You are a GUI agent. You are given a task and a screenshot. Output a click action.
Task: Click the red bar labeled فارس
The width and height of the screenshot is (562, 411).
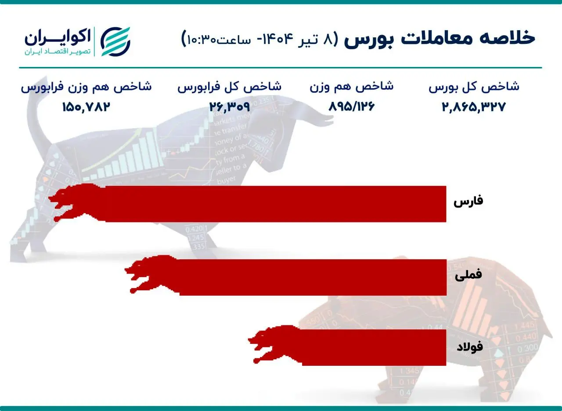pyautogui.click(x=272, y=204)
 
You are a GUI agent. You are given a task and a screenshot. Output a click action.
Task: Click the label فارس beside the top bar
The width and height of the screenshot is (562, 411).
pyautogui.click(x=468, y=201)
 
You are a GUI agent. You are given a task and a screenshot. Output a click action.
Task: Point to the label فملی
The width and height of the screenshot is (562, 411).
pyautogui.click(x=468, y=275)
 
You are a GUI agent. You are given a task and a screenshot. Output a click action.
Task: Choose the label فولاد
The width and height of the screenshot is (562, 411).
pyautogui.click(x=469, y=347)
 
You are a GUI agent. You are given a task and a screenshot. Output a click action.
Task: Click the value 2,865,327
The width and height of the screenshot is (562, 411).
pyautogui.click(x=474, y=107)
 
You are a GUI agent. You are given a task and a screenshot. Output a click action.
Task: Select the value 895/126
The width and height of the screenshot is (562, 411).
pyautogui.click(x=351, y=107)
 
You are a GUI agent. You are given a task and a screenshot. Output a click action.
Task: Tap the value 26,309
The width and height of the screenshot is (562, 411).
pyautogui.click(x=229, y=107)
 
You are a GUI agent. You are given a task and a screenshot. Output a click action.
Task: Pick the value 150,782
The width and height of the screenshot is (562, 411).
pyautogui.click(x=86, y=107)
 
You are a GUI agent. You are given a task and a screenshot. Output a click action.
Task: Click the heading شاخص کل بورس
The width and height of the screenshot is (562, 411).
pyautogui.click(x=474, y=86)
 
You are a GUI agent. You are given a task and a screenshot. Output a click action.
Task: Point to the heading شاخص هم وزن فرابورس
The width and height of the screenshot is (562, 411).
pyautogui.click(x=86, y=86)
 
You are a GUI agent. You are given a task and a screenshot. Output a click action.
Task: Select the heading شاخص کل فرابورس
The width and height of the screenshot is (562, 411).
pyautogui.click(x=229, y=86)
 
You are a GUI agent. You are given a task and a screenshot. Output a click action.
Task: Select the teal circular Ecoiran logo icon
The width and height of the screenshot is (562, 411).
pyautogui.click(x=115, y=42)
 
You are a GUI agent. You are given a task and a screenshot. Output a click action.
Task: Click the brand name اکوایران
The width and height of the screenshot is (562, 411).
pyautogui.click(x=57, y=37)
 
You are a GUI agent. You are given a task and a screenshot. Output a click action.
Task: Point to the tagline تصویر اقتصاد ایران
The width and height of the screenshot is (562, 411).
pyautogui.click(x=57, y=52)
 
